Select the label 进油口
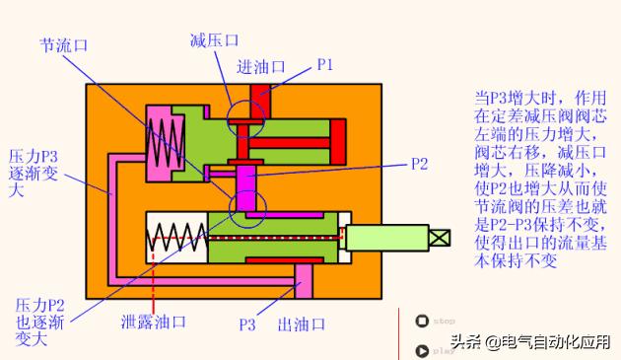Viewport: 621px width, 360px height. click(x=261, y=66)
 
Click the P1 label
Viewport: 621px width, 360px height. click(x=325, y=65)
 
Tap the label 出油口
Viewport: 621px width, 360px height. click(x=302, y=324)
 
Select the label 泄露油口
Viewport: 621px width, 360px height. click(x=153, y=323)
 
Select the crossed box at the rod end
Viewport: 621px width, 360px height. click(x=441, y=238)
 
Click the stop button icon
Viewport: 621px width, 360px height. click(x=423, y=321)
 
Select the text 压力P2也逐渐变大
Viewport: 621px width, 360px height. click(x=35, y=322)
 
